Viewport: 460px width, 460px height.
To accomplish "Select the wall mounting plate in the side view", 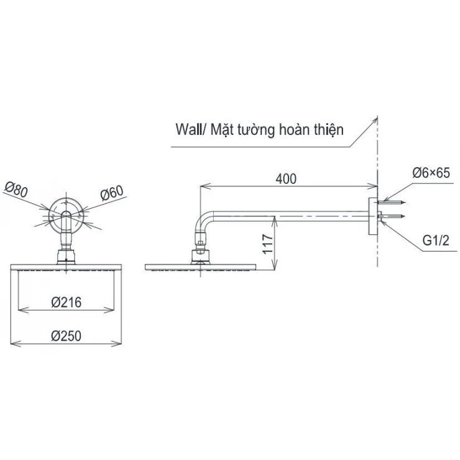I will point(371,216).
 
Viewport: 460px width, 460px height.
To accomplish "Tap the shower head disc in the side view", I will point(200,268).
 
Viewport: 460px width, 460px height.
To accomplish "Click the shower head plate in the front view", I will point(67,268).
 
